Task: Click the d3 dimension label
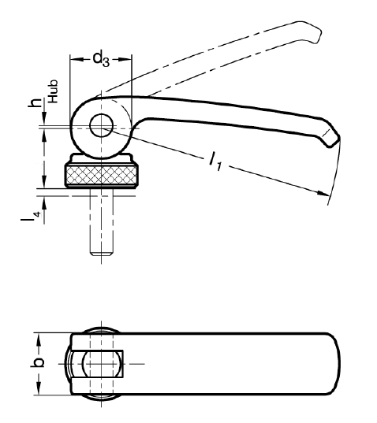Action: (101, 59)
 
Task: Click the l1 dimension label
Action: (215, 161)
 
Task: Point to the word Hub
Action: (53, 91)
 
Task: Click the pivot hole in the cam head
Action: (101, 126)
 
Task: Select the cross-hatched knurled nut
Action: (102, 175)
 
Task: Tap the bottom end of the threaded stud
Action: (101, 254)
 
